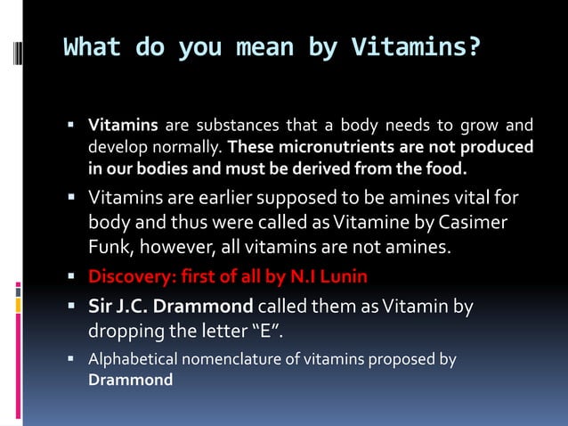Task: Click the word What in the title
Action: pyautogui.click(x=92, y=46)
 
